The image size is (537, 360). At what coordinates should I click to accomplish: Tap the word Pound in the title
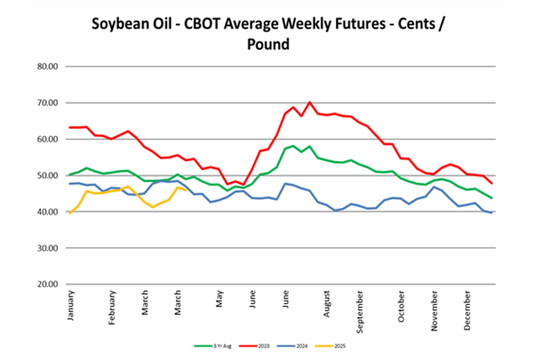point(268,44)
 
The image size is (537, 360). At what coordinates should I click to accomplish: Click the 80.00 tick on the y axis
point(50,67)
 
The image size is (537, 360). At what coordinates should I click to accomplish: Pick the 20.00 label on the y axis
point(50,284)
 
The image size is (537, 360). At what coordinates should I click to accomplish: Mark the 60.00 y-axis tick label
point(50,139)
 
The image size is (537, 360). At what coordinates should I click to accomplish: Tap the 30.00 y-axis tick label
point(50,248)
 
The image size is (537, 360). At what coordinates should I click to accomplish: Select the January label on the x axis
point(71,305)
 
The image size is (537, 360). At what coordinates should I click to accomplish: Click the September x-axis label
point(361,312)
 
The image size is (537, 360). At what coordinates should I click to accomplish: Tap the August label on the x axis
point(326,304)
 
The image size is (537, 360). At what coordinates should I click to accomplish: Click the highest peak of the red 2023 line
point(310,101)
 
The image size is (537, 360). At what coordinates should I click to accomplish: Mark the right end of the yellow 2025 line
point(185,190)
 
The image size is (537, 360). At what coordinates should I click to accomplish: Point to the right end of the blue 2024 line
point(492,213)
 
